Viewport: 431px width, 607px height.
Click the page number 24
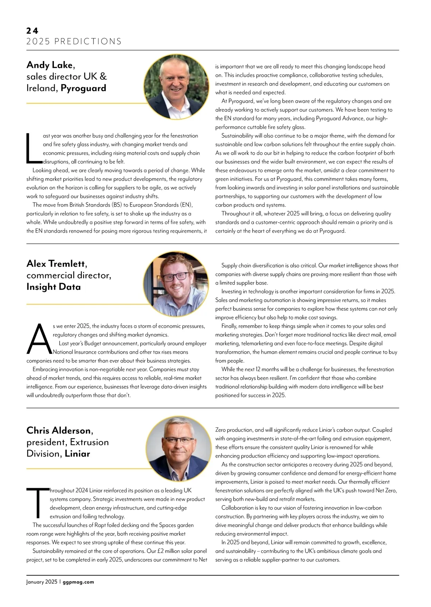click(x=32, y=31)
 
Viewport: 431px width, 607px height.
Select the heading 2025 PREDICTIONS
click(x=74, y=41)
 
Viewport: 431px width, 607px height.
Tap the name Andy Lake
click(x=50, y=65)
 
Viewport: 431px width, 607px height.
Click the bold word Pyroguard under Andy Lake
click(x=83, y=88)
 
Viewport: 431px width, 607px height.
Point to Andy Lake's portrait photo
click(x=176, y=87)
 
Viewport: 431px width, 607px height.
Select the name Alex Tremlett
click(x=56, y=264)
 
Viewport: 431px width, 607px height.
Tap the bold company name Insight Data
click(x=54, y=287)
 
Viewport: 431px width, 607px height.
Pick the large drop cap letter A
click(x=39, y=339)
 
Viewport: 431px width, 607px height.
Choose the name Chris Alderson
click(x=59, y=430)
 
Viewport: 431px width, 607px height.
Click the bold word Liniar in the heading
click(x=77, y=454)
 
